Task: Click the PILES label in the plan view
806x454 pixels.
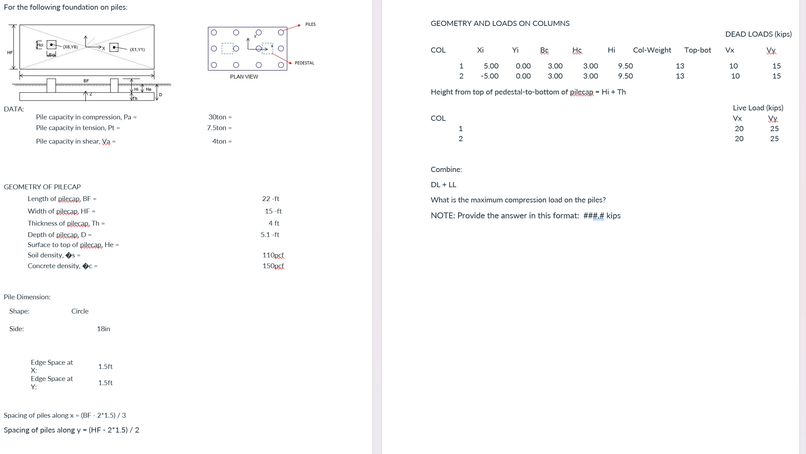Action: point(310,24)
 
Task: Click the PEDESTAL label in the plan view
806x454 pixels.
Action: point(304,63)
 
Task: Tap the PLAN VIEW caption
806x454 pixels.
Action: point(244,77)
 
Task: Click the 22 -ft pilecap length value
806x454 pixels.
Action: point(270,199)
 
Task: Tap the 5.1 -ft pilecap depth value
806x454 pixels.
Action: point(270,235)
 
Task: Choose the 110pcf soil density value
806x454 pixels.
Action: point(273,255)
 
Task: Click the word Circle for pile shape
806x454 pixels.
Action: point(80,311)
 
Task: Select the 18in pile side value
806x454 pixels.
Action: point(103,329)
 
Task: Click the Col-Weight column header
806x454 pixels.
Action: point(652,50)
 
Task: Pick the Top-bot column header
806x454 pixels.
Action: point(698,50)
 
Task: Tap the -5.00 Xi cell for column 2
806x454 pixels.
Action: point(489,76)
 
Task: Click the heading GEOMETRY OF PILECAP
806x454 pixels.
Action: point(42,187)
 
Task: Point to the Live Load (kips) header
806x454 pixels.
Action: point(758,108)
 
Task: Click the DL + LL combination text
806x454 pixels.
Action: point(443,185)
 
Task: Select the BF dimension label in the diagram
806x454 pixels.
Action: point(86,81)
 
